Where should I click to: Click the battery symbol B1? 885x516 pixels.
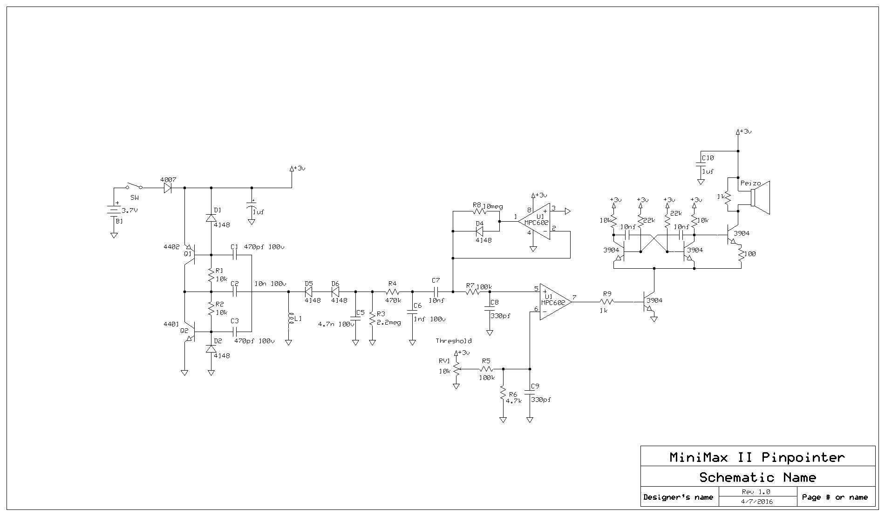[114, 211]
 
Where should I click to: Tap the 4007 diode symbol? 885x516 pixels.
[168, 188]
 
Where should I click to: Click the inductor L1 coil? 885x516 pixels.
[289, 319]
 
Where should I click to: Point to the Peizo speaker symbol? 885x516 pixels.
[760, 198]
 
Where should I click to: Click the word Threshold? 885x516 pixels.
[454, 341]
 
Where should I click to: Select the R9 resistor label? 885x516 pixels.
[607, 294]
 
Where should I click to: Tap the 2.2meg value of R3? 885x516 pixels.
[389, 323]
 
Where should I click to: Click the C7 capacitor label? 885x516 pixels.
[436, 280]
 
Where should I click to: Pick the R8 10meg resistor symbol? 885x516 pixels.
[479, 211]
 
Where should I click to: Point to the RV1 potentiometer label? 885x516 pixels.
[444, 361]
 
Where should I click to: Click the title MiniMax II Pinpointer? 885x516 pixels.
[757, 457]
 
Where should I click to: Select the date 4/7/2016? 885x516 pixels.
[757, 502]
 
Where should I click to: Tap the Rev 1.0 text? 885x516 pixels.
[756, 492]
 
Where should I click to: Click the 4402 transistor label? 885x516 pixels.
[171, 247]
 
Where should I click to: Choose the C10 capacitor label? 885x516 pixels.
[708, 158]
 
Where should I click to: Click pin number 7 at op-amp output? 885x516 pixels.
[574, 297]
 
